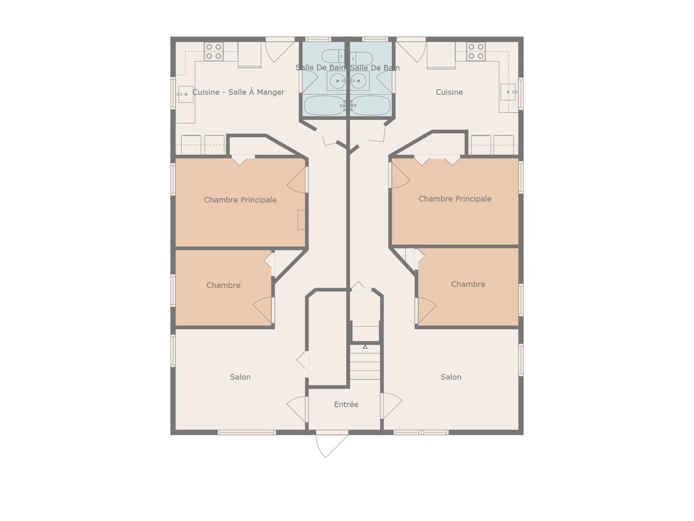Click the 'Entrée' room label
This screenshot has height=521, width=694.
tap(346, 404)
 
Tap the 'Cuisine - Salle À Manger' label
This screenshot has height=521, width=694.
tap(239, 92)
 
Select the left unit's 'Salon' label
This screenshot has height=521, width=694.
tap(240, 377)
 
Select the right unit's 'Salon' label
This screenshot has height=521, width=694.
tap(451, 377)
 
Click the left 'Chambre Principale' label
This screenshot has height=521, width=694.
tap(240, 200)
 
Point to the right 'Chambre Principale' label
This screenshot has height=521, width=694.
tap(455, 199)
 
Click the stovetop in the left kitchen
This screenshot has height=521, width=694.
tap(214, 51)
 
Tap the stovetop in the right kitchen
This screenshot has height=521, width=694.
tap(476, 51)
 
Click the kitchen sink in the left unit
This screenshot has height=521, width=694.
tap(186, 94)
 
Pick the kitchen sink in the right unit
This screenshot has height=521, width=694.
tap(508, 92)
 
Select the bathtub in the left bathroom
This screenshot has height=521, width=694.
tap(324, 105)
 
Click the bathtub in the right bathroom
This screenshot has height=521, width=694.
tap(370, 105)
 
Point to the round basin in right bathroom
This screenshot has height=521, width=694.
tap(358, 81)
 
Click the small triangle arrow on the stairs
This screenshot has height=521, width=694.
tap(365, 347)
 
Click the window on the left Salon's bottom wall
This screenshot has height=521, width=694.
tap(247, 432)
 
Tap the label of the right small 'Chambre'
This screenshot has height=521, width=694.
tap(468, 284)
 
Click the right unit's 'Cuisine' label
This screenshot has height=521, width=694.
tap(449, 92)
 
